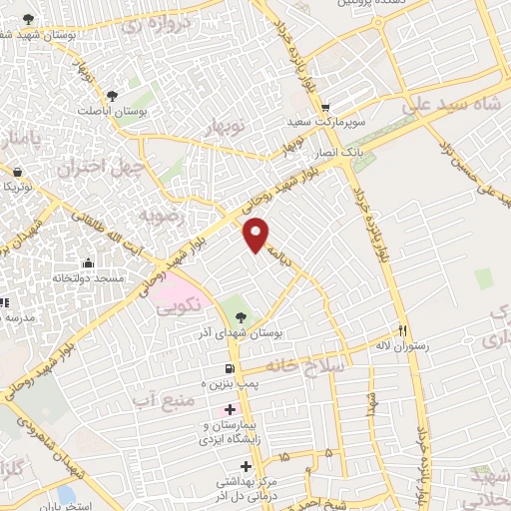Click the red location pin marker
pos(256,236)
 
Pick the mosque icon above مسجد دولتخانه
pos(89,263)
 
